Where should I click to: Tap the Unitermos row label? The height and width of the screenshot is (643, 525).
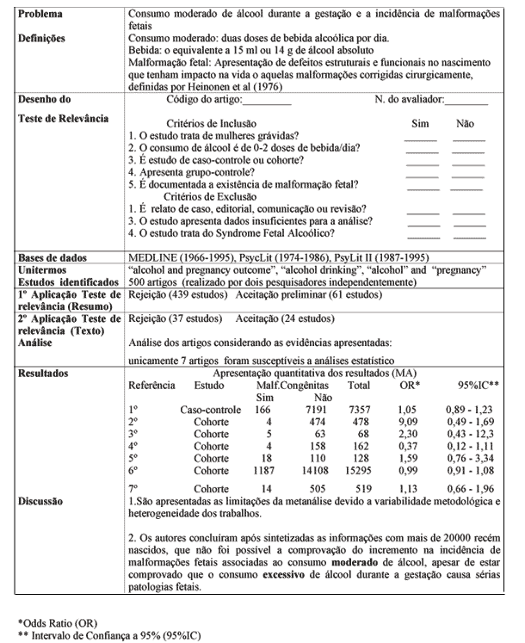point(43,269)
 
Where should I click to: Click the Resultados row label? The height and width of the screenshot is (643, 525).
point(46,374)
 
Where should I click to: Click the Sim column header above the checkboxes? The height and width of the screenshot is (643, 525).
point(420,124)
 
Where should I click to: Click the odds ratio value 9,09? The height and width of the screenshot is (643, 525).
point(407,422)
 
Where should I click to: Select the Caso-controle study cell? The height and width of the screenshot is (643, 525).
point(210,410)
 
